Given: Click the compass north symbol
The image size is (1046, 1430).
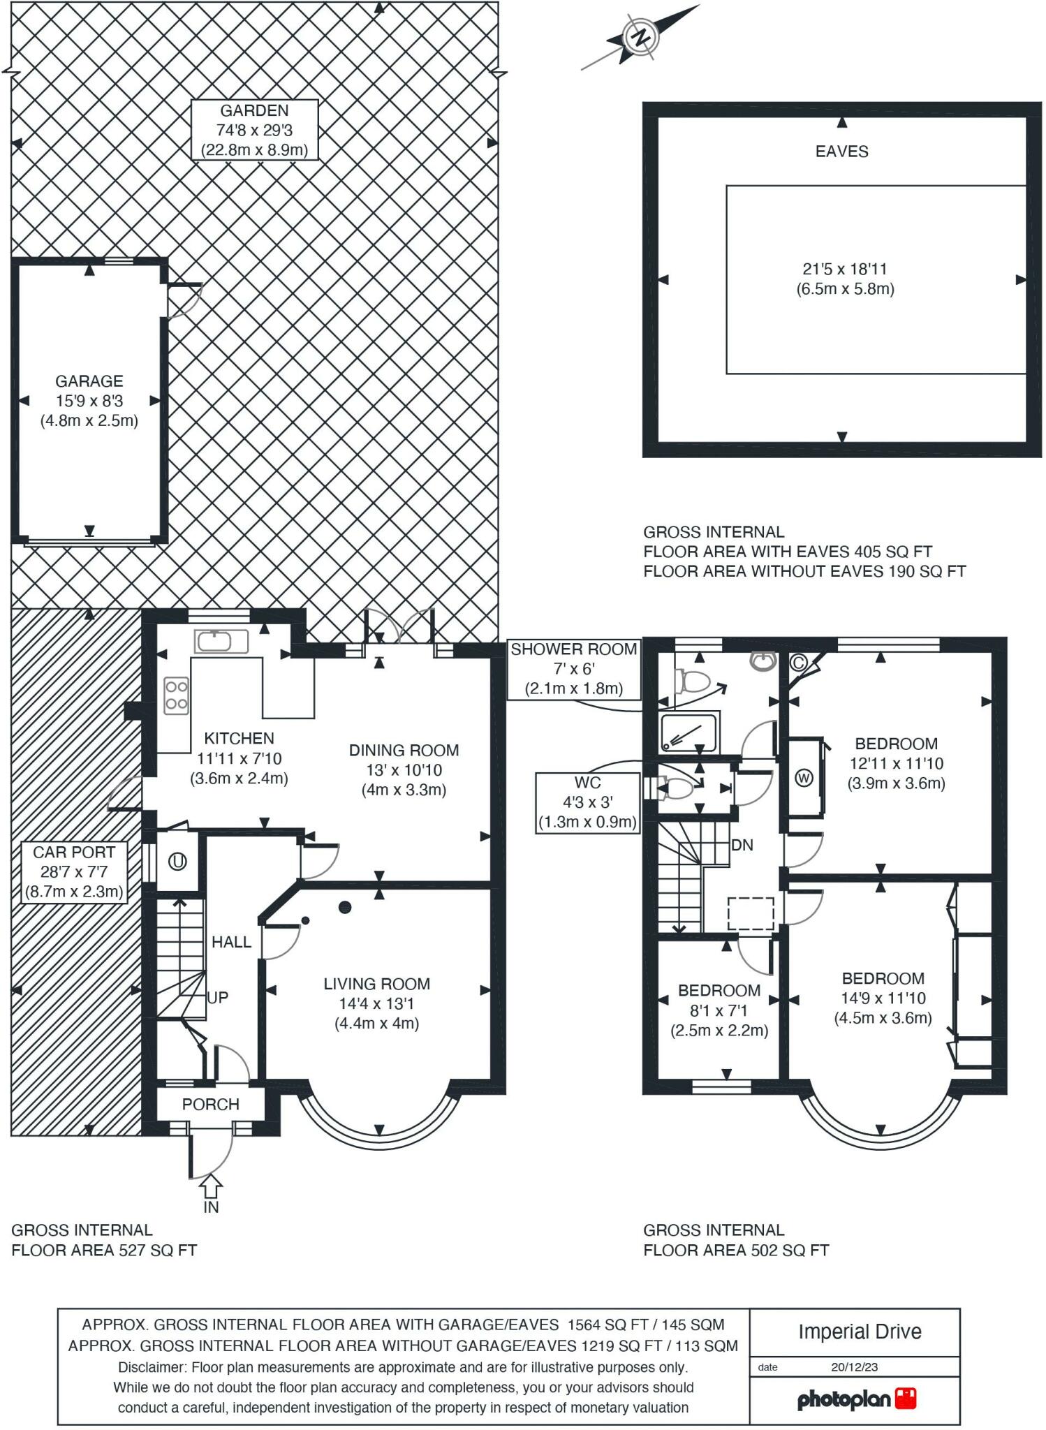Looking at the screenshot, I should pos(639,37).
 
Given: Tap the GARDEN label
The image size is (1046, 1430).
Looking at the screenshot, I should pos(254,110).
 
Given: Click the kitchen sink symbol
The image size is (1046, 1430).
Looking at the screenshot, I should pos(221,641).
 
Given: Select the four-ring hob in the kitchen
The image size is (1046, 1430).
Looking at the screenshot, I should pos(177,696).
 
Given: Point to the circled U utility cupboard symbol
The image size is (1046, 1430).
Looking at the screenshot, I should pos(177,862).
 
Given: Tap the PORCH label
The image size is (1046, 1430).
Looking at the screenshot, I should pos(210,1105).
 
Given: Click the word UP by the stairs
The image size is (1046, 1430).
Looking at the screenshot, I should pos(218,998).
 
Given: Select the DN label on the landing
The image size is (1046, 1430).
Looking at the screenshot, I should pos(742,846).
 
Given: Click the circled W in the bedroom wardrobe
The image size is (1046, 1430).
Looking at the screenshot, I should pos(804,778).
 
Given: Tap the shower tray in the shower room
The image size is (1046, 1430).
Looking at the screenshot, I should pos(688,733).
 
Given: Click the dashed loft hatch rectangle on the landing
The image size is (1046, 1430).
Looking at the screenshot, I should pos(751,914).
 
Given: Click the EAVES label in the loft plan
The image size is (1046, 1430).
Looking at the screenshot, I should pos(841,152).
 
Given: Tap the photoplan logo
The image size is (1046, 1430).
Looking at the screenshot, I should pos(856,1399).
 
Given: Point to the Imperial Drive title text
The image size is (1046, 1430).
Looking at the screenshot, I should pos(860,1332).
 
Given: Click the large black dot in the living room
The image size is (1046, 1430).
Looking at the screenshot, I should pos(344,907).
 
